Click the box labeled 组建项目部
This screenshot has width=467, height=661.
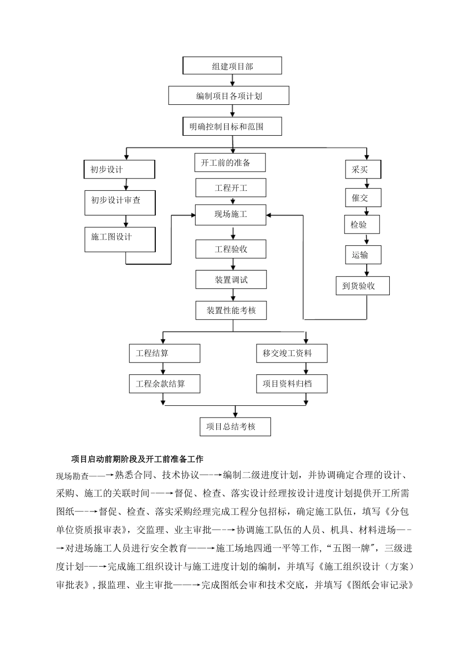pos(232,66)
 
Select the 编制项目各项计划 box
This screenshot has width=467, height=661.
pos(229,96)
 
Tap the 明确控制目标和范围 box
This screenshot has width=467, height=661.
pos(232,126)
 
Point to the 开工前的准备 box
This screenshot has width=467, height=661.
pos(230,163)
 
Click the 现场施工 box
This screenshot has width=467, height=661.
pos(231,214)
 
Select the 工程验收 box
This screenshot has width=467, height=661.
pos(231,249)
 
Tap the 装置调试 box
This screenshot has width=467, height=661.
pos(231,280)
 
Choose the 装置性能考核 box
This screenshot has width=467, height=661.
pos(231,310)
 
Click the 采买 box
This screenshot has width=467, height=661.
pos(363,170)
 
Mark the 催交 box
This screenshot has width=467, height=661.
pos(363,198)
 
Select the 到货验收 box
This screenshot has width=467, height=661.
pos(363,286)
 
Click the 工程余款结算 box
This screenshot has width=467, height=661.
pos(165,384)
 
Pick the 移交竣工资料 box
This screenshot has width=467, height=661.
pos(292,353)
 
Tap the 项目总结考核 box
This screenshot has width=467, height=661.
pos(235,426)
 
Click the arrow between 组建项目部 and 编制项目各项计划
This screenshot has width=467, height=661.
pos(232,80)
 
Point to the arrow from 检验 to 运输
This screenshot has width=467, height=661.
pos(366,240)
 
